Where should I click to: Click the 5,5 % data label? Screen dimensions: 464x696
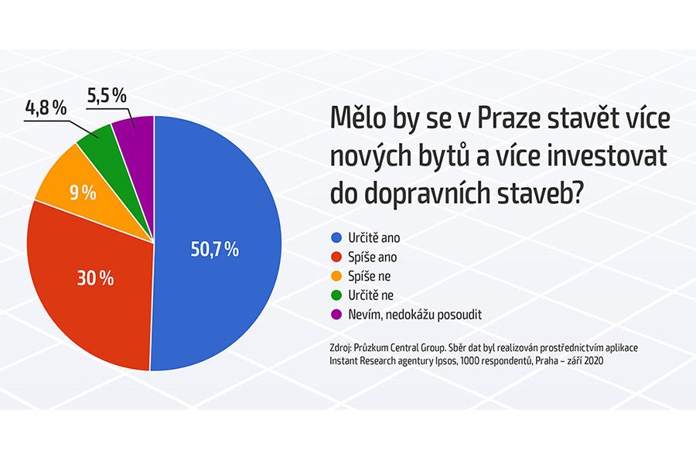[x=107, y=95]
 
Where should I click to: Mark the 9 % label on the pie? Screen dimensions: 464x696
[x=83, y=193]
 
